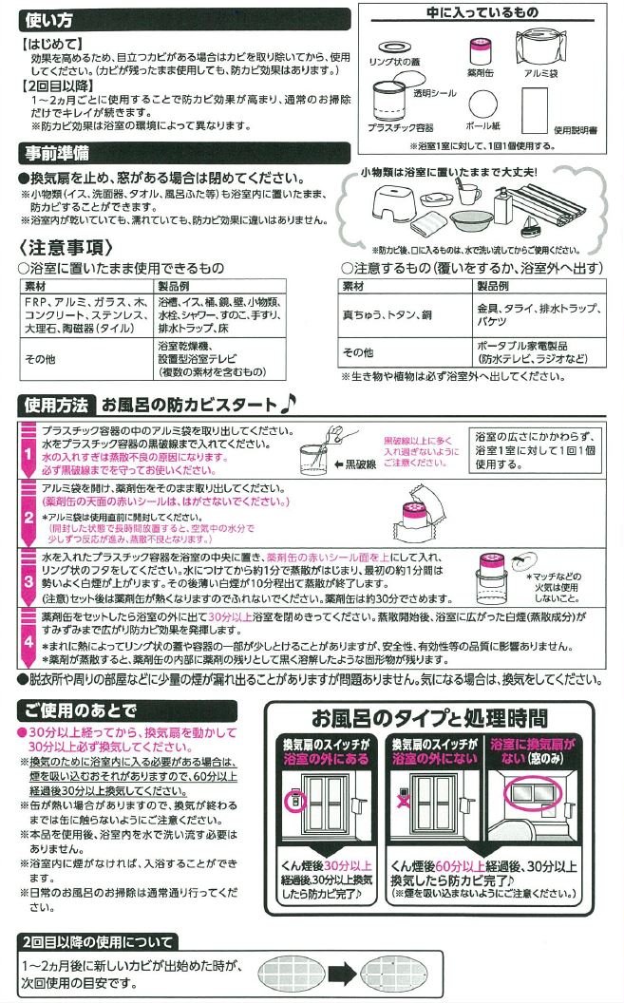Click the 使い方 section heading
(x=48, y=20)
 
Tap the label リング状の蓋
(x=394, y=62)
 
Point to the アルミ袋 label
(x=540, y=73)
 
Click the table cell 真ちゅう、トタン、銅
(x=388, y=314)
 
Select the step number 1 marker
(x=28, y=453)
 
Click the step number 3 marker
(x=28, y=581)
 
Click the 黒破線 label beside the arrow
(x=361, y=465)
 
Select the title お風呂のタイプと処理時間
(x=429, y=718)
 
